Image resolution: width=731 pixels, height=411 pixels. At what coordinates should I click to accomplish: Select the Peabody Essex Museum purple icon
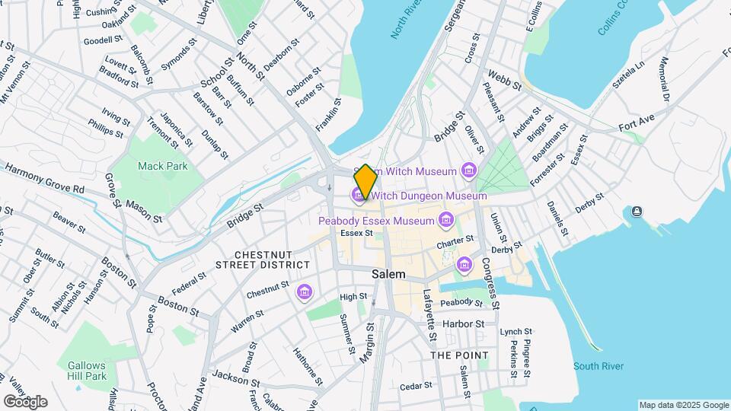(x=445, y=221)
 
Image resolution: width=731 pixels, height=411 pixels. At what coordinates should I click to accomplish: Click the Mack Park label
(x=163, y=166)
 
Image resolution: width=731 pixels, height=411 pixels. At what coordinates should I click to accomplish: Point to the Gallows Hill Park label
(x=86, y=371)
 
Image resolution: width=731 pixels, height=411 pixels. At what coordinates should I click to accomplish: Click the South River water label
(x=599, y=367)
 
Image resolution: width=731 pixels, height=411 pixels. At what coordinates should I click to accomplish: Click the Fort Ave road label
(x=637, y=120)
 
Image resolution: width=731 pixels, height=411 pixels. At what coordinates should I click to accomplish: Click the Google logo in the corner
(x=25, y=401)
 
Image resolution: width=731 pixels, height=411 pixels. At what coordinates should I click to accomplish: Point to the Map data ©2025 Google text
(x=683, y=405)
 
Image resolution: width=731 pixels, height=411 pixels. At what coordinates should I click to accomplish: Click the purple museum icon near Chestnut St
(x=305, y=292)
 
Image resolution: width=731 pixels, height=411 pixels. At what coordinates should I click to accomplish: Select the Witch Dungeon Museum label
(x=429, y=196)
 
